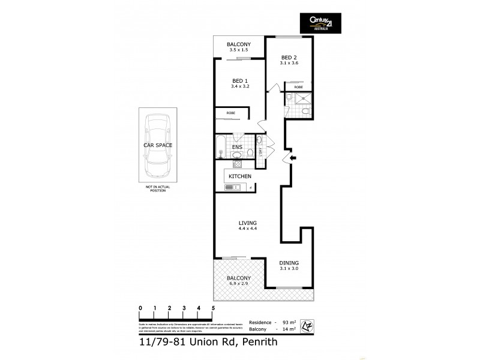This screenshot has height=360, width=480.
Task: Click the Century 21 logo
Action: (x=320, y=25)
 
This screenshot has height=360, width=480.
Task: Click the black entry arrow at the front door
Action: (x=292, y=158)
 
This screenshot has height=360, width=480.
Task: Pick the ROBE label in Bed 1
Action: (x=230, y=113)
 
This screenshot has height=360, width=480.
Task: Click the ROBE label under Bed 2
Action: (x=298, y=87)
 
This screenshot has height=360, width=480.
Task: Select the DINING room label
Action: (x=289, y=263)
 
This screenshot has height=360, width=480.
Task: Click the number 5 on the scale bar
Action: (x=213, y=308)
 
